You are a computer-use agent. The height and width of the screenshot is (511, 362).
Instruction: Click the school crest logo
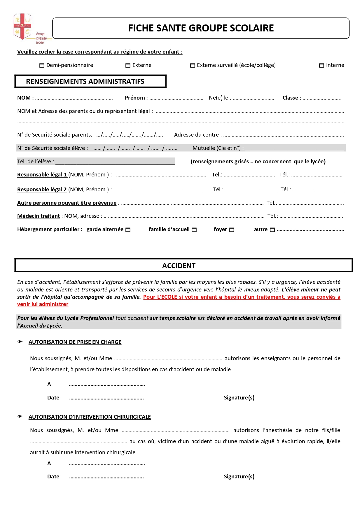point(22,26)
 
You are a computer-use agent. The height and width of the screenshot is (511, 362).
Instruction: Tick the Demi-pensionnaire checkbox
point(42,66)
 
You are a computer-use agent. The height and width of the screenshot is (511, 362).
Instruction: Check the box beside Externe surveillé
point(193,66)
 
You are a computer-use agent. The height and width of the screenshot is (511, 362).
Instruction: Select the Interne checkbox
point(321,66)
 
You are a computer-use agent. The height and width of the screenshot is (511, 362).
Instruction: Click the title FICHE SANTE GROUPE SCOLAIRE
point(201,28)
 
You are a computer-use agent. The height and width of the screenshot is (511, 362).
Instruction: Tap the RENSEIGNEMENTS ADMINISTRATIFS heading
point(85,82)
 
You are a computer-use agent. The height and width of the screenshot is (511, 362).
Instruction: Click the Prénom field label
point(136,98)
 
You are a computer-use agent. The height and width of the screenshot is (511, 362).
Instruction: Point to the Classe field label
point(292,98)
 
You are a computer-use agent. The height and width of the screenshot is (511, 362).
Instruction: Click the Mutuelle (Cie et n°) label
point(218,148)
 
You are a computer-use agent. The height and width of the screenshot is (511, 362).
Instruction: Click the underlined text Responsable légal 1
point(42,175)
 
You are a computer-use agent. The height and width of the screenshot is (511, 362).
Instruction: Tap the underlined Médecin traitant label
point(39,216)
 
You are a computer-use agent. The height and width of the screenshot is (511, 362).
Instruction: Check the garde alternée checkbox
point(128,230)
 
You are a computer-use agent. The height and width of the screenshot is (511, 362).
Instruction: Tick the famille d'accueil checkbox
point(194,230)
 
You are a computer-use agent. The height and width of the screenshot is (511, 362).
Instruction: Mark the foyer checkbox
point(232,230)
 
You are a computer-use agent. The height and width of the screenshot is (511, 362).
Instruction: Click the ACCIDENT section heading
point(179,266)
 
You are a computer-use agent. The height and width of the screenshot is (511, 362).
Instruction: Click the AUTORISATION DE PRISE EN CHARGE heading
point(75,342)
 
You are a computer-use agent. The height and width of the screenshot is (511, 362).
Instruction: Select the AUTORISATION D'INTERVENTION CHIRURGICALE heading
point(90,417)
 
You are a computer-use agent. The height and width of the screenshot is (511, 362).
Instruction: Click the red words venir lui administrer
point(43,304)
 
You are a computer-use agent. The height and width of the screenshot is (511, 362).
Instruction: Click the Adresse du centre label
point(198,135)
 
